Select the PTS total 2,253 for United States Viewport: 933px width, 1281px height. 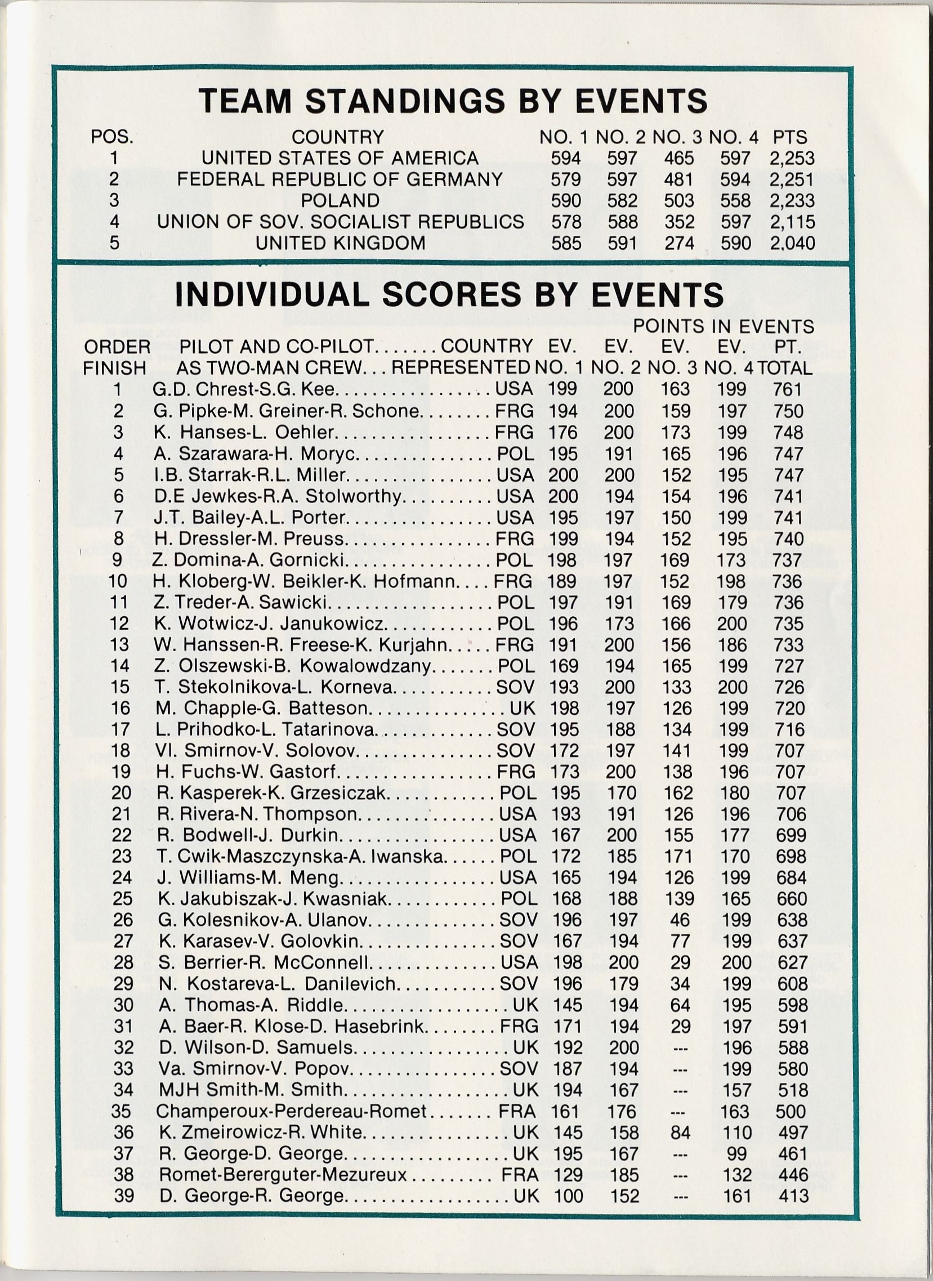pos(792,158)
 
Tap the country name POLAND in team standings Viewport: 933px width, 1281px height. pos(340,200)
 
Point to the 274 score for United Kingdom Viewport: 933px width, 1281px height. pos(678,243)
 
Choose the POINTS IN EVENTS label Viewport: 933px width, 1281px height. pos(724,326)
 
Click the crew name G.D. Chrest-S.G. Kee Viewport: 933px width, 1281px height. pos(244,389)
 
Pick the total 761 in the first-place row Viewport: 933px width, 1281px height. pos(788,389)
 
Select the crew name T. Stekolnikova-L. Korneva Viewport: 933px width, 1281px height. pos(274,687)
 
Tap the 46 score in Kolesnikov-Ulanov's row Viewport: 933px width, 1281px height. pos(679,920)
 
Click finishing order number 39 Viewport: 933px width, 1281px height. pos(123,1195)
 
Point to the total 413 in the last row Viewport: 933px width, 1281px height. pos(793,1195)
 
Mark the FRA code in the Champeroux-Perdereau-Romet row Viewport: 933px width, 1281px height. pos(516,1111)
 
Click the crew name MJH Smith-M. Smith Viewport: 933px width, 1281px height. pos(251,1090)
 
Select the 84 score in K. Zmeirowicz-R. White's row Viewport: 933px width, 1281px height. pos(680,1132)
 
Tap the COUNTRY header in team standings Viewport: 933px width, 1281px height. pos(337,137)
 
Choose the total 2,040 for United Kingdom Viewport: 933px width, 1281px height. pos(792,243)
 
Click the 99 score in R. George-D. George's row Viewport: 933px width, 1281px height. pos(737,1153)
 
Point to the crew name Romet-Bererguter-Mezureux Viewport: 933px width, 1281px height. pos(283,1175)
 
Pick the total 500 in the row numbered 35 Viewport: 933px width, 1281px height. pos(791,1111)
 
